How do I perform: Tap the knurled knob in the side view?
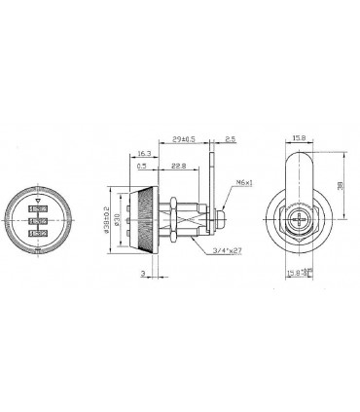[x=144, y=213]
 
